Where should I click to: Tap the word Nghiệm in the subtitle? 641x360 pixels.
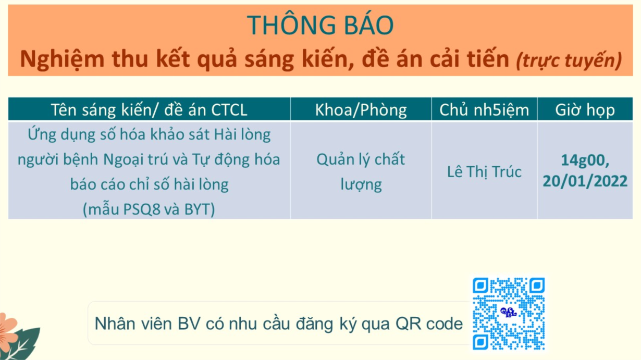click(62, 59)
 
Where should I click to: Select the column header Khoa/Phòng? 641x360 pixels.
click(361, 110)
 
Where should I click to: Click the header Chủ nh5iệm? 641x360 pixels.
click(484, 110)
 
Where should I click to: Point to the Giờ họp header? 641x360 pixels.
click(585, 110)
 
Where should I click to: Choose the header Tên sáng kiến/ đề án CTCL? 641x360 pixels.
click(149, 110)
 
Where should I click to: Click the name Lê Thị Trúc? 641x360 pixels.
click(484, 172)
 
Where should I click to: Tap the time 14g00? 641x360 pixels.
click(585, 160)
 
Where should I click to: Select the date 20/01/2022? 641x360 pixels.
click(585, 181)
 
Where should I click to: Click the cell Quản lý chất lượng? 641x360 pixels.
click(361, 172)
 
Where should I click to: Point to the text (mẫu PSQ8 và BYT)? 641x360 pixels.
click(149, 209)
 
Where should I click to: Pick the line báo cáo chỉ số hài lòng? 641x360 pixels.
click(149, 184)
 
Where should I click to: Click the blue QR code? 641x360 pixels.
click(509, 313)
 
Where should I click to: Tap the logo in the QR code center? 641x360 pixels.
click(509, 312)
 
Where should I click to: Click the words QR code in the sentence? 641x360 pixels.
click(429, 324)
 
